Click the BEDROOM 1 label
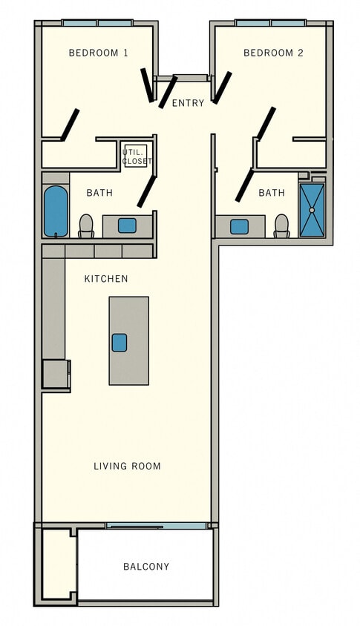tap(98, 53)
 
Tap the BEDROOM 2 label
tap(273, 53)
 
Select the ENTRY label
tap(188, 103)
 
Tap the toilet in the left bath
tap(86, 225)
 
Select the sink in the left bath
tap(127, 225)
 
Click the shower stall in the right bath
tap(312, 210)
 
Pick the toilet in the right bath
tap(281, 225)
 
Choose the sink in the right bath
tap(239, 226)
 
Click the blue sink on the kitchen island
tap(120, 342)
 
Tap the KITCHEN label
tap(106, 279)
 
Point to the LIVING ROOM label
tap(127, 466)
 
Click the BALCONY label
tap(146, 567)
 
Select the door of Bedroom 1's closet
tap(70, 125)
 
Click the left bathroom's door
tap(146, 191)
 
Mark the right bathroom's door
tap(244, 185)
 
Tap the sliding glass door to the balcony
tap(156, 526)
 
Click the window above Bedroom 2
tap(270, 23)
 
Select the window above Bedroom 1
tap(97, 23)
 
